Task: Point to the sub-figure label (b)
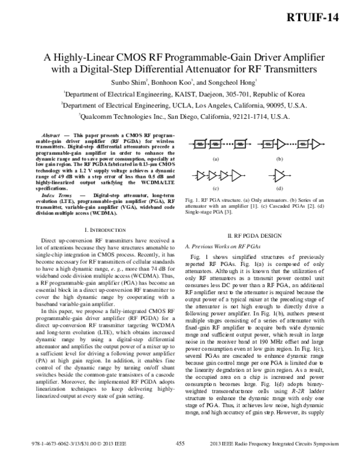click(279, 159)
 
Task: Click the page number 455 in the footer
click(179, 459)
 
